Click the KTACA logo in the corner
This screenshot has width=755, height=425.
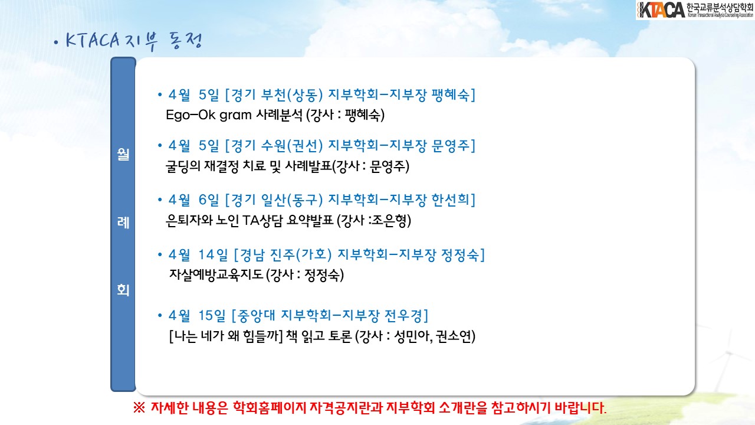click(x=695, y=10)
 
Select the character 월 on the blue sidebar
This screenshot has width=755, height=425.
click(x=123, y=155)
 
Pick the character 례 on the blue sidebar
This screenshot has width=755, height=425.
click(x=123, y=223)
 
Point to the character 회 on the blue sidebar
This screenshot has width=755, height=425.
click(x=123, y=290)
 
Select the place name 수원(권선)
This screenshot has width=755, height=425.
click(x=292, y=146)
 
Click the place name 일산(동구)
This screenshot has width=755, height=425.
click(x=292, y=200)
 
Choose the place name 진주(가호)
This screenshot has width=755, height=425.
click(x=301, y=254)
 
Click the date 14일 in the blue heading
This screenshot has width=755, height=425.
click(x=213, y=254)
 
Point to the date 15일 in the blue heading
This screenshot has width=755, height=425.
click(x=212, y=316)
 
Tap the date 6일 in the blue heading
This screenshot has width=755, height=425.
click(x=209, y=200)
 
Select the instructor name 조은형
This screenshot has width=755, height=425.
click(x=389, y=221)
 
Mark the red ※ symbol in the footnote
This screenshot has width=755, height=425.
click(x=139, y=408)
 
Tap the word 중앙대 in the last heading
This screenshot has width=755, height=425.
click(x=256, y=316)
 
